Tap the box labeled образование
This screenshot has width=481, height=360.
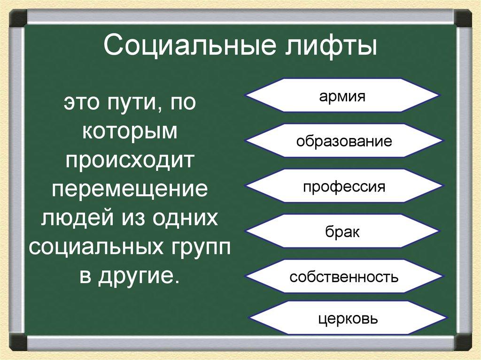344,141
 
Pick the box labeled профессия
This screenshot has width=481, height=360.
344,186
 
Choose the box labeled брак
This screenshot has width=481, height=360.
342,231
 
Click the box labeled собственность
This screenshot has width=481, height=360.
344,276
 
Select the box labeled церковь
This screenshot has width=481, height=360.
348,319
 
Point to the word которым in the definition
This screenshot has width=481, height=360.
130,132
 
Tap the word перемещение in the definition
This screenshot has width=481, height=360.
130,190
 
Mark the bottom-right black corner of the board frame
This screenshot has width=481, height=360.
463,342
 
